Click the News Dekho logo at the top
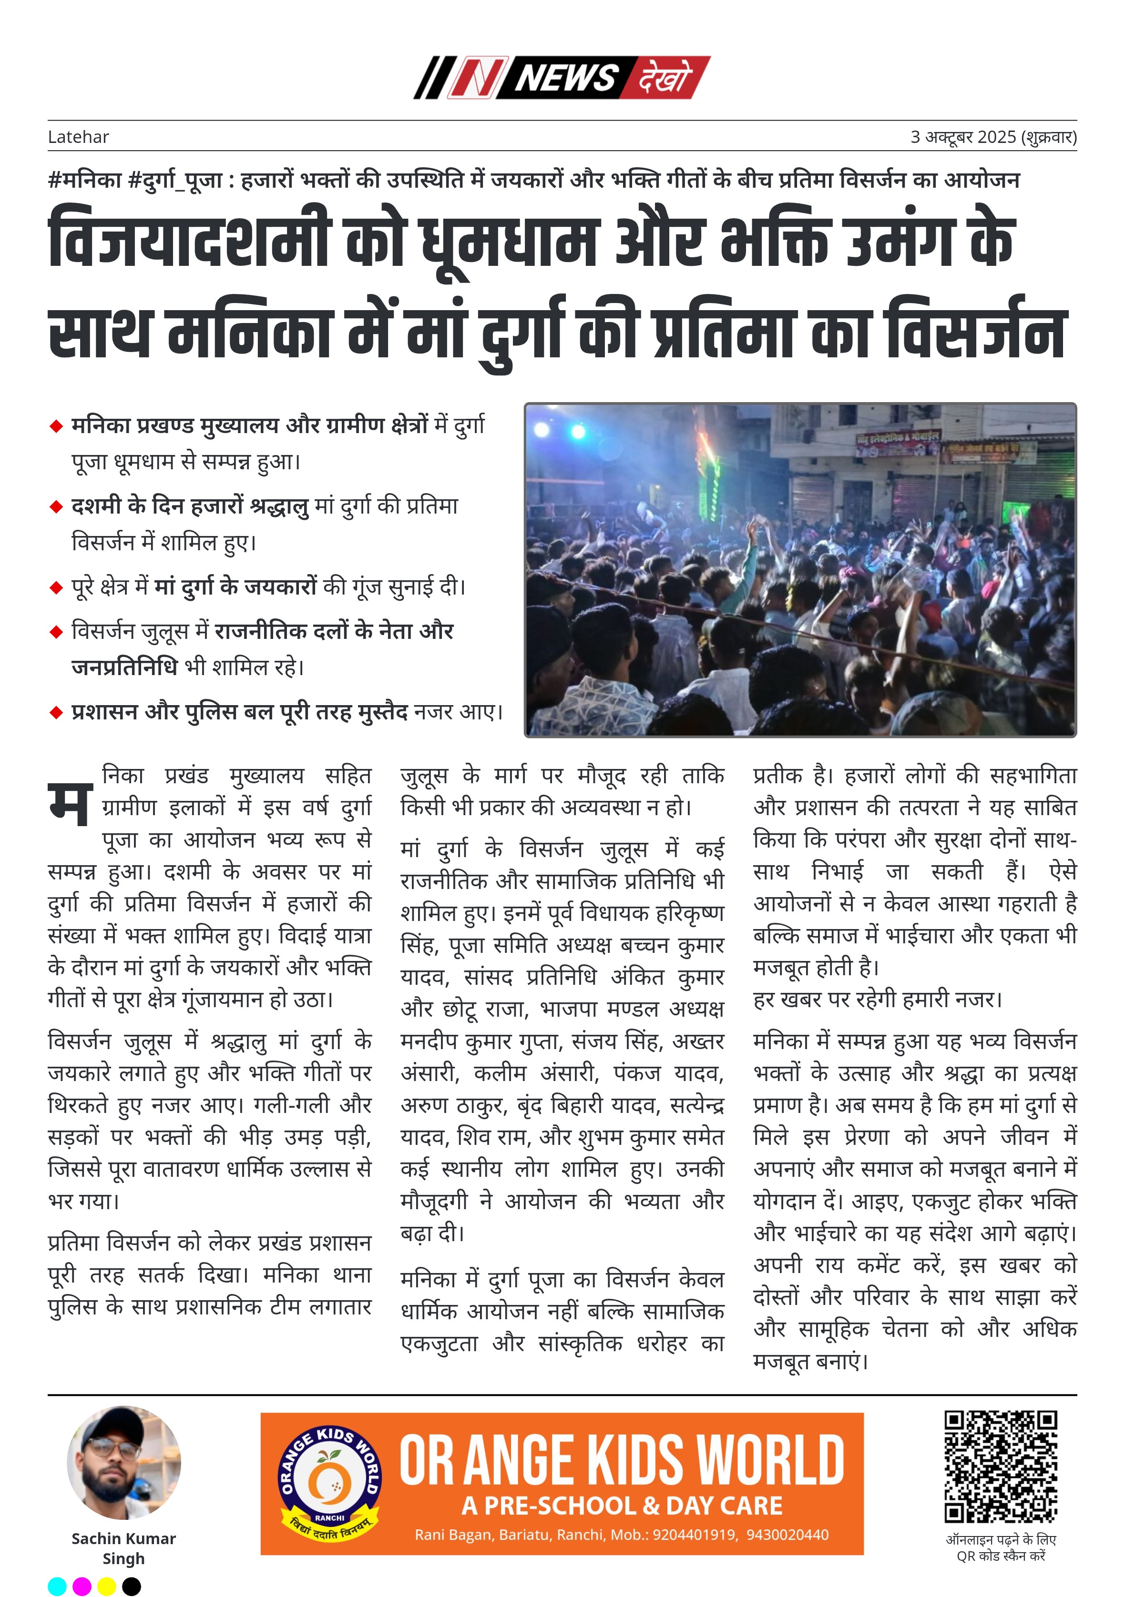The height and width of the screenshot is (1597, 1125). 562,77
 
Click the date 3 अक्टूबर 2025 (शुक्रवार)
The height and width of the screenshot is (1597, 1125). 993,137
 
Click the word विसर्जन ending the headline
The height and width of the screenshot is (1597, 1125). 975,332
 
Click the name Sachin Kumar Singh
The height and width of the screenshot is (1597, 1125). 124,1548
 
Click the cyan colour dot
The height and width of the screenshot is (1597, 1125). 57,1587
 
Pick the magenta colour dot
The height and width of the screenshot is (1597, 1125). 82,1587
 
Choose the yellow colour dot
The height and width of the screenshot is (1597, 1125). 106,1587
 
